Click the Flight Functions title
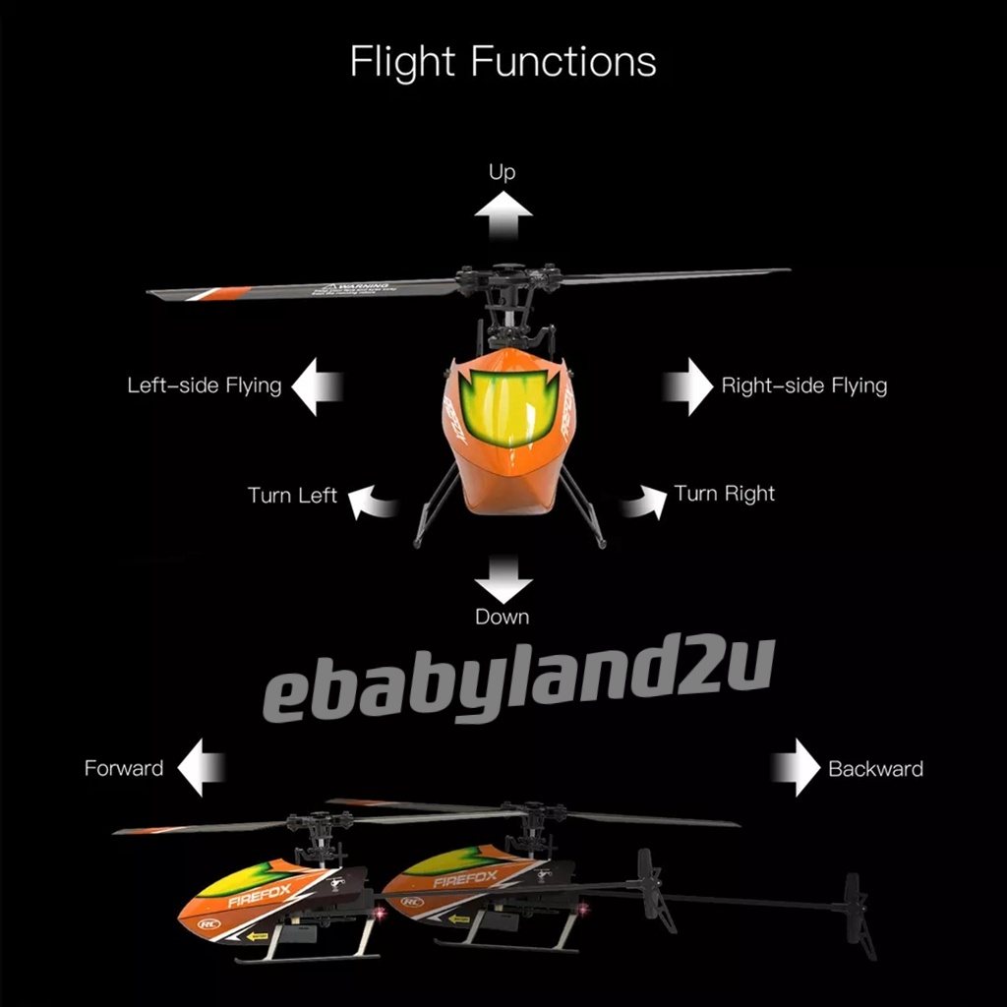coord(503,61)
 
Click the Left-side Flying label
coord(205,385)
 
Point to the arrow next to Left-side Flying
coord(317,385)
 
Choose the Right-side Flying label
coord(803,385)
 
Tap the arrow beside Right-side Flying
coord(688,385)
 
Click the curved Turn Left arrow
coord(374,502)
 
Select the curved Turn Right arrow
coord(641,502)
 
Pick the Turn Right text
coord(725,493)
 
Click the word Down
coord(503,618)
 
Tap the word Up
coord(503,173)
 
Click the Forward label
coord(124,768)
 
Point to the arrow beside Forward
coord(202,768)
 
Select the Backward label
coord(875,768)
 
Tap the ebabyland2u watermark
coord(518,679)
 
